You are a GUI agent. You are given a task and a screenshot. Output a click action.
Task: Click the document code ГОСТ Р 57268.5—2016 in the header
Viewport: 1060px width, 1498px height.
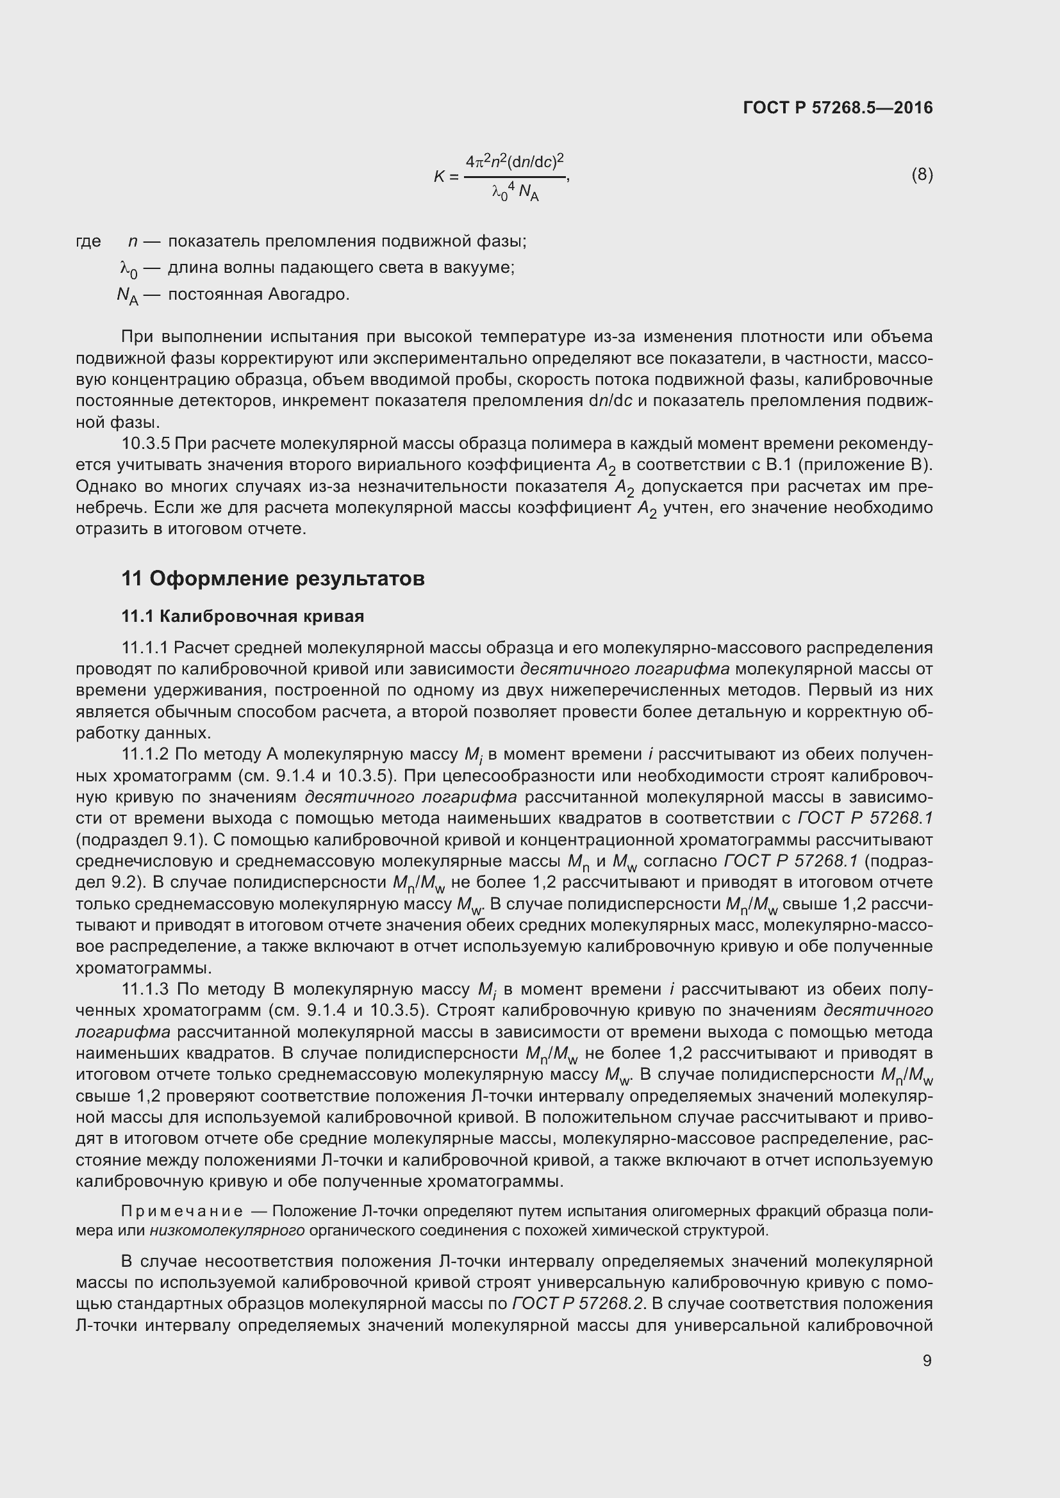pyautogui.click(x=838, y=108)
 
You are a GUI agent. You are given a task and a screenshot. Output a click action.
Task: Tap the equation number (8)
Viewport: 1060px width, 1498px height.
pyautogui.click(x=922, y=174)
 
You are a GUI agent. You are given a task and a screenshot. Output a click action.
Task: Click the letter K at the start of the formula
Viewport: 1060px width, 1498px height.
pyautogui.click(x=439, y=176)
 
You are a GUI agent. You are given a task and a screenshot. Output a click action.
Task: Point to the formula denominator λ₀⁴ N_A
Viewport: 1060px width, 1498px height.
pyautogui.click(x=515, y=193)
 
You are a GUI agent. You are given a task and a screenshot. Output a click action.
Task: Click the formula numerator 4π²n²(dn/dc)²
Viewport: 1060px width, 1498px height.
pyautogui.click(x=515, y=161)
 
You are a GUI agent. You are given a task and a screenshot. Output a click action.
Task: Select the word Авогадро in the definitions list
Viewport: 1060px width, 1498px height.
pyautogui.click(x=309, y=294)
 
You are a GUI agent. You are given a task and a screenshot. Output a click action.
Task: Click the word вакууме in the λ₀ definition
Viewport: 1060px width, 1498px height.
pyautogui.click(x=482, y=268)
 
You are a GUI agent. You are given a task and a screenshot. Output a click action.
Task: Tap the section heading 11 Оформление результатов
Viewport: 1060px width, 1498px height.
pyautogui.click(x=273, y=578)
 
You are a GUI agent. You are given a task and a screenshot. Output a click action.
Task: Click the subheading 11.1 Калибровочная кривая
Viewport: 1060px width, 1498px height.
pyautogui.click(x=243, y=616)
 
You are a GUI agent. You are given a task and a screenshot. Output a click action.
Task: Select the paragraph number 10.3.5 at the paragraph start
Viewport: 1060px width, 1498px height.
pyautogui.click(x=145, y=444)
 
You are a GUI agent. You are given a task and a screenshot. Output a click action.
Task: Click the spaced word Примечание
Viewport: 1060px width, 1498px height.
pyautogui.click(x=182, y=1212)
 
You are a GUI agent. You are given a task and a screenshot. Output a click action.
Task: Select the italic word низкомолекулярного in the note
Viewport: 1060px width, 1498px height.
pyautogui.click(x=227, y=1230)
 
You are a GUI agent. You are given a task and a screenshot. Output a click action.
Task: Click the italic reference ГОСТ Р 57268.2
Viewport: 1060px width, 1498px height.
pyautogui.click(x=577, y=1303)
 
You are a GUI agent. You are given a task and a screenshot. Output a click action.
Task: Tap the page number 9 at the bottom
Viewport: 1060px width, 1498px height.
pyautogui.click(x=927, y=1360)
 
